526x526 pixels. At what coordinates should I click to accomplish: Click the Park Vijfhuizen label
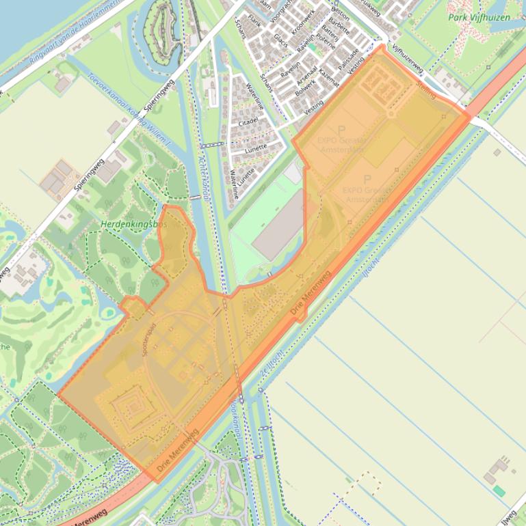point(479,17)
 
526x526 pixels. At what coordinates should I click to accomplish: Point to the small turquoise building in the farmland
point(499,490)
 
